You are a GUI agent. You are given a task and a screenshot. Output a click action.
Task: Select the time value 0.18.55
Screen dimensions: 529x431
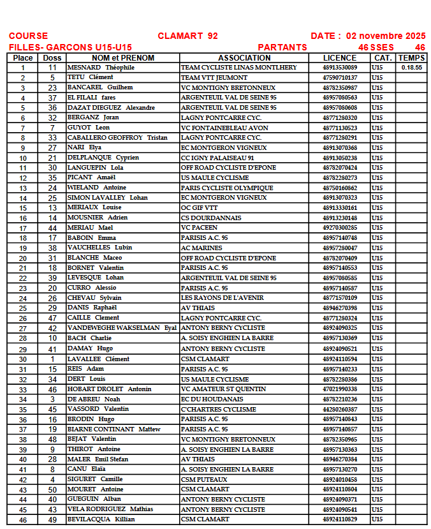point(411,68)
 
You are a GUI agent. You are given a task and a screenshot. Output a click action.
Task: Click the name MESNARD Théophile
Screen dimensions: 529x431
point(101,68)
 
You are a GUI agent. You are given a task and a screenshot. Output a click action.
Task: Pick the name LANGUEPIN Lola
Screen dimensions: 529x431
point(95,168)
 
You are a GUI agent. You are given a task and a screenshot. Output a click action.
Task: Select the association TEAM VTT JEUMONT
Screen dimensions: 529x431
point(214,77)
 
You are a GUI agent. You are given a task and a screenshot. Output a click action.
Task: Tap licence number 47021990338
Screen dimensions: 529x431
point(340,389)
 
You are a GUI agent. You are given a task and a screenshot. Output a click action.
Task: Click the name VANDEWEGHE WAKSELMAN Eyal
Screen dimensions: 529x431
point(122,328)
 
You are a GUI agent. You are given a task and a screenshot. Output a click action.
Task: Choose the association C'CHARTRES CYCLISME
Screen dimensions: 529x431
point(219,409)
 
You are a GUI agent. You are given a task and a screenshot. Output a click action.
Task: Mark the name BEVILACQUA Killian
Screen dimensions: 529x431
point(101,519)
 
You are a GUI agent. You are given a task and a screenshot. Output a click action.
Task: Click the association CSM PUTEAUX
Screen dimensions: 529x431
point(204,479)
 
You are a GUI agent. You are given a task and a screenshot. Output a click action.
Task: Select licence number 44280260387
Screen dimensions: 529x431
point(340,409)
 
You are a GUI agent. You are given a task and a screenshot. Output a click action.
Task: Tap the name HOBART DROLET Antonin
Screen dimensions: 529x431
point(109,389)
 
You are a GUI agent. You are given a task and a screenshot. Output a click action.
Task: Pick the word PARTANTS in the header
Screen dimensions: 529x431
point(282,47)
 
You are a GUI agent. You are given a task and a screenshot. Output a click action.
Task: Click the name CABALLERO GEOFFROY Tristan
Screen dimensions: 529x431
point(117,138)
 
